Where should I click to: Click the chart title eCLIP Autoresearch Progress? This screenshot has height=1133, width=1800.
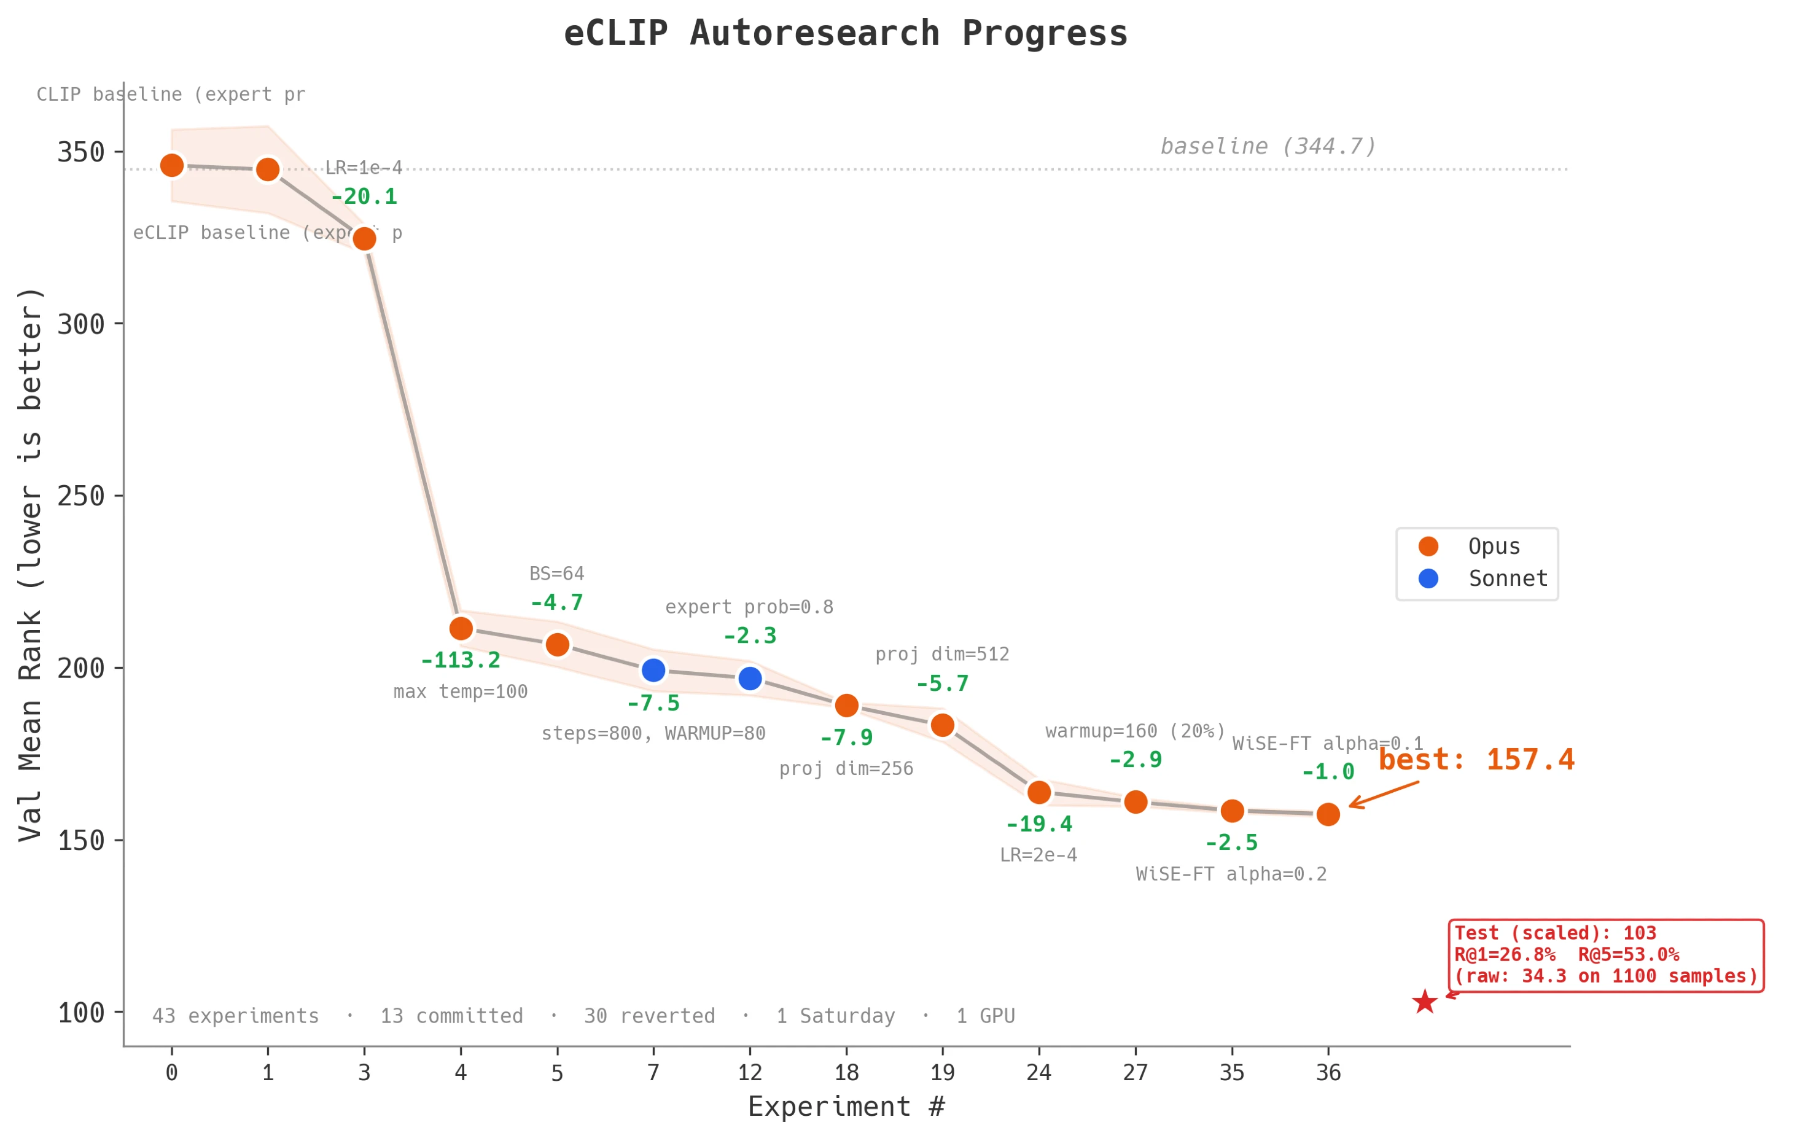click(x=846, y=34)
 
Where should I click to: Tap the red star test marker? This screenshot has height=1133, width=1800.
click(x=1425, y=1002)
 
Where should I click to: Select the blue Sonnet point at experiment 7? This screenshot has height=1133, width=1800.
click(x=653, y=671)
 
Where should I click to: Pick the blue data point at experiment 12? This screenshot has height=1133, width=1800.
click(x=750, y=679)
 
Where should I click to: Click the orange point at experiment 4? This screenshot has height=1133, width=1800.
click(x=461, y=629)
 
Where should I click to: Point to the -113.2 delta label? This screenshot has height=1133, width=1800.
click(x=461, y=661)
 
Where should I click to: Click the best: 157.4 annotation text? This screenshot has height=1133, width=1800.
click(x=1476, y=760)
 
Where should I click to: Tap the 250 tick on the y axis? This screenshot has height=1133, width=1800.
click(x=80, y=496)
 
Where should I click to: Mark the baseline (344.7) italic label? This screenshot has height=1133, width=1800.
click(x=1268, y=147)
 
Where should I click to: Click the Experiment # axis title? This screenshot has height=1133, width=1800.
click(x=846, y=1107)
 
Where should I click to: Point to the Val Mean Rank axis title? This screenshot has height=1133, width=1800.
click(x=30, y=564)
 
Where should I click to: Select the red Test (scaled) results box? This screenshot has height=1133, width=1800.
click(x=1606, y=955)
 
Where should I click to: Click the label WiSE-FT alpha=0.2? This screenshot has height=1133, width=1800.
click(x=1231, y=874)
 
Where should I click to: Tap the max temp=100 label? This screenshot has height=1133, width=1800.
click(x=461, y=692)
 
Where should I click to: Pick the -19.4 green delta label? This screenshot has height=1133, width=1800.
click(x=1039, y=824)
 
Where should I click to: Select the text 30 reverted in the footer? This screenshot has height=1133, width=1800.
click(x=650, y=1016)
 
